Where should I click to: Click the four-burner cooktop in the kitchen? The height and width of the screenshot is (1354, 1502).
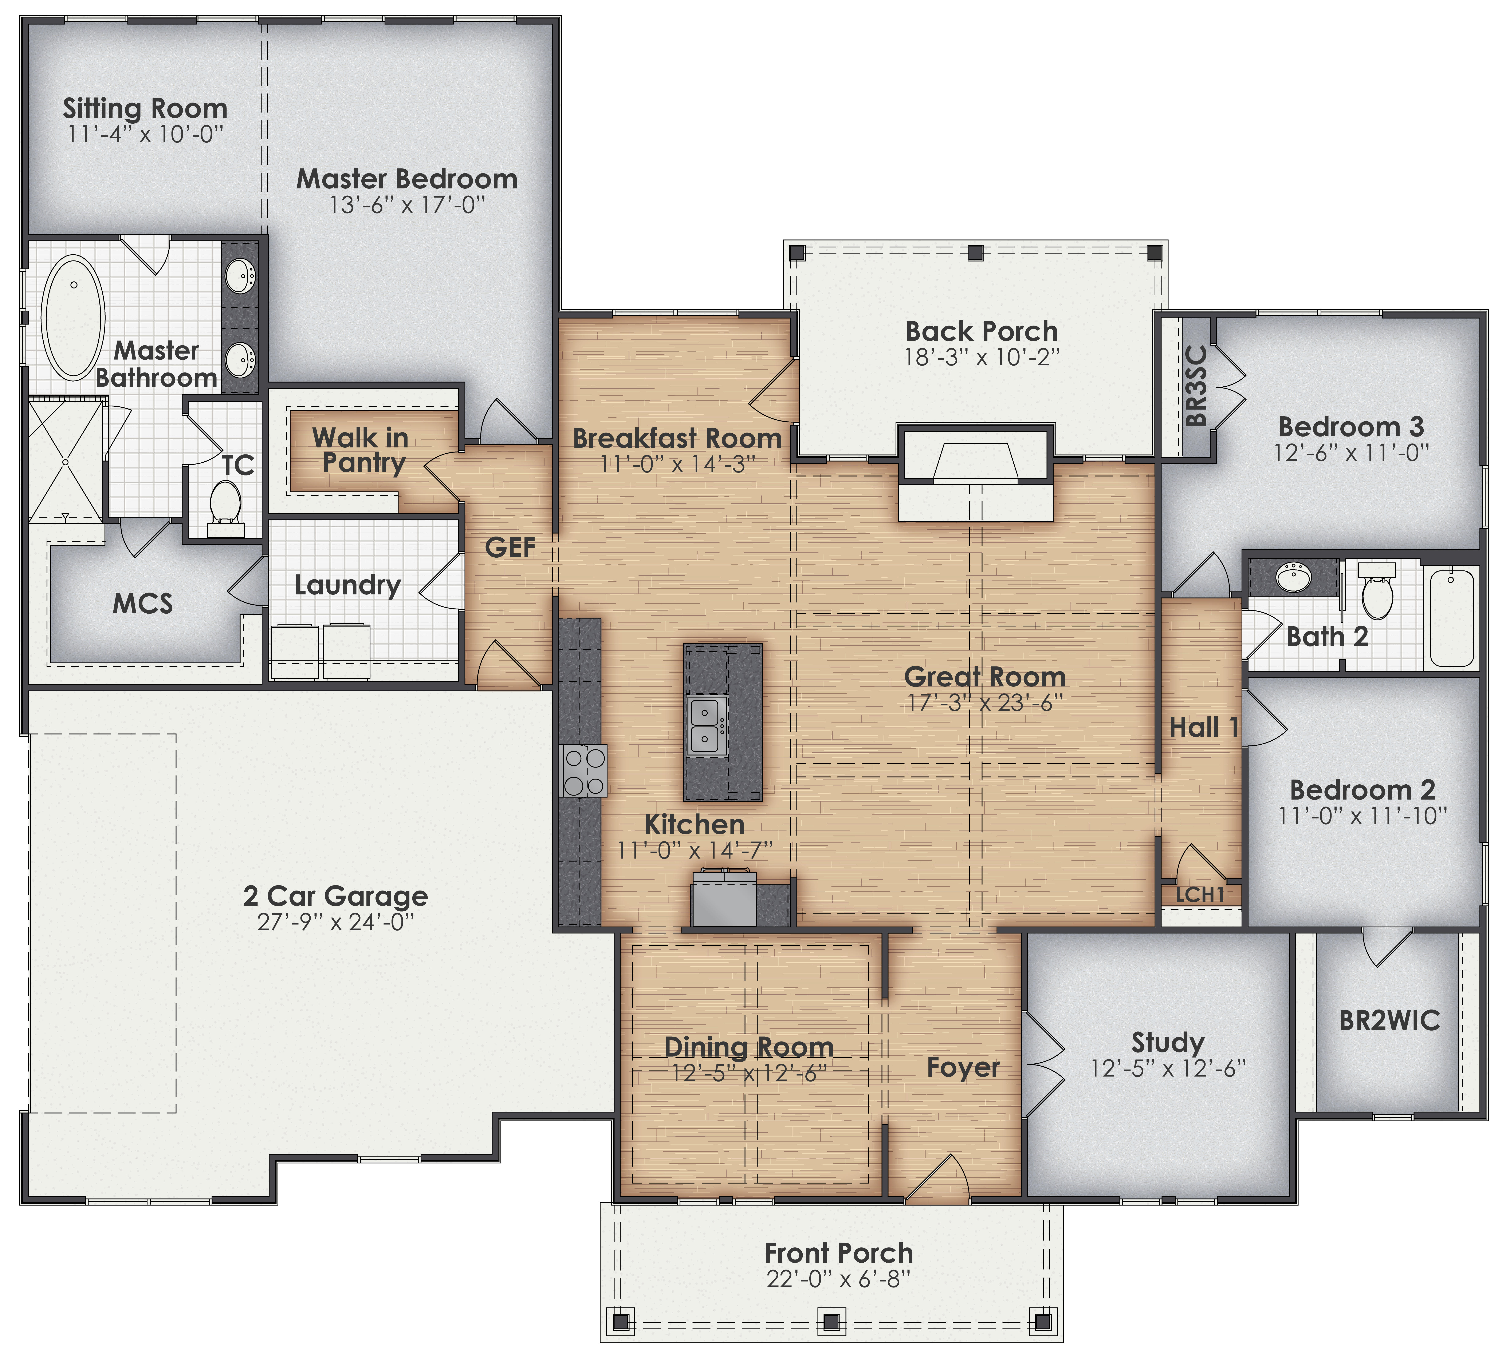[584, 771]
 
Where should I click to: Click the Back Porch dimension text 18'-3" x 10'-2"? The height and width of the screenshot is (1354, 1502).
[981, 358]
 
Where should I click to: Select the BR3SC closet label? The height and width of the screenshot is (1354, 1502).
[1195, 385]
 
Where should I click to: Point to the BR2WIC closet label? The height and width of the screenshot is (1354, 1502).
[1389, 1021]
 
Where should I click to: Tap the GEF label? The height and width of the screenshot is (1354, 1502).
[510, 547]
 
